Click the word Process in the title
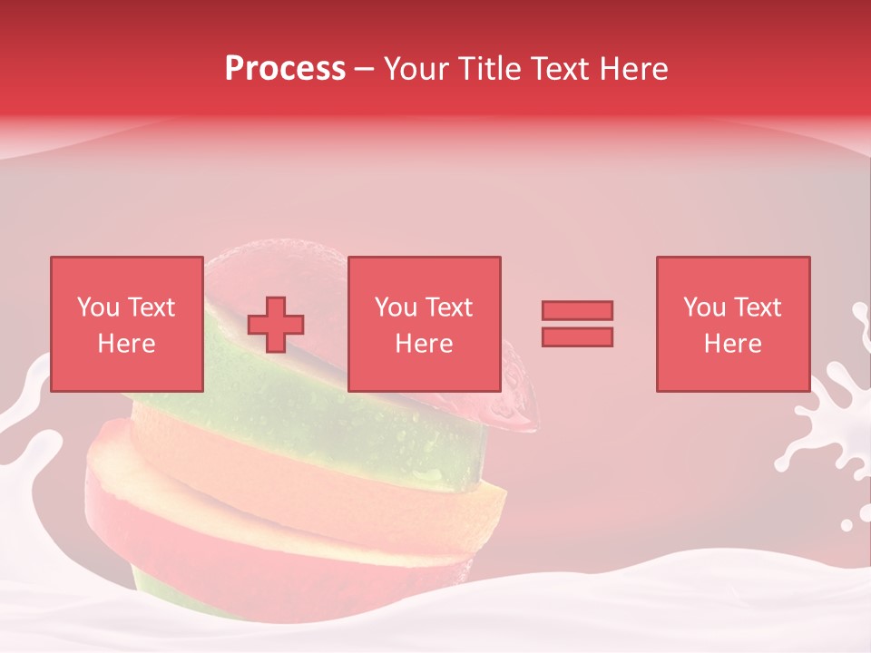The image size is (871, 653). click(x=285, y=69)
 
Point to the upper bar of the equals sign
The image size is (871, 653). click(x=577, y=310)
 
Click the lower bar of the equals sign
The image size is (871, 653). click(x=577, y=336)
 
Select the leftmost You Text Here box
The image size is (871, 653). click(x=126, y=324)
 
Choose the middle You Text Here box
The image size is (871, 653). click(x=424, y=324)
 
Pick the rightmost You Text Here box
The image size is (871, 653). click(x=732, y=324)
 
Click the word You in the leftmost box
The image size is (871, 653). click(x=98, y=307)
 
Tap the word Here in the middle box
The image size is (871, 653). click(x=424, y=344)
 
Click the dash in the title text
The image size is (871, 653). click(x=365, y=70)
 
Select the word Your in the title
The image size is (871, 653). click(x=414, y=69)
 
